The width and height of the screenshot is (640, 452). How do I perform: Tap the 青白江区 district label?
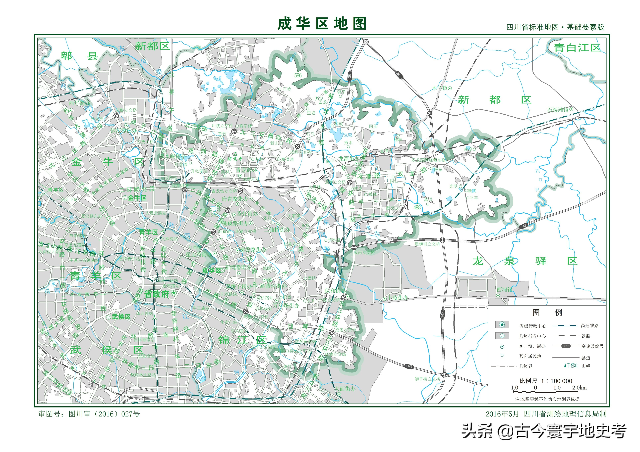click(577, 48)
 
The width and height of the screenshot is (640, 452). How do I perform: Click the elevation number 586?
click(298, 75)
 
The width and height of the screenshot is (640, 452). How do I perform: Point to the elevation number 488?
click(417, 207)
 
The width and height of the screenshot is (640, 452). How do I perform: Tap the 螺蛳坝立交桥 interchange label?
click(427, 244)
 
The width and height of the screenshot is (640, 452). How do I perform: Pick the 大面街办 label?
click(345, 389)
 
